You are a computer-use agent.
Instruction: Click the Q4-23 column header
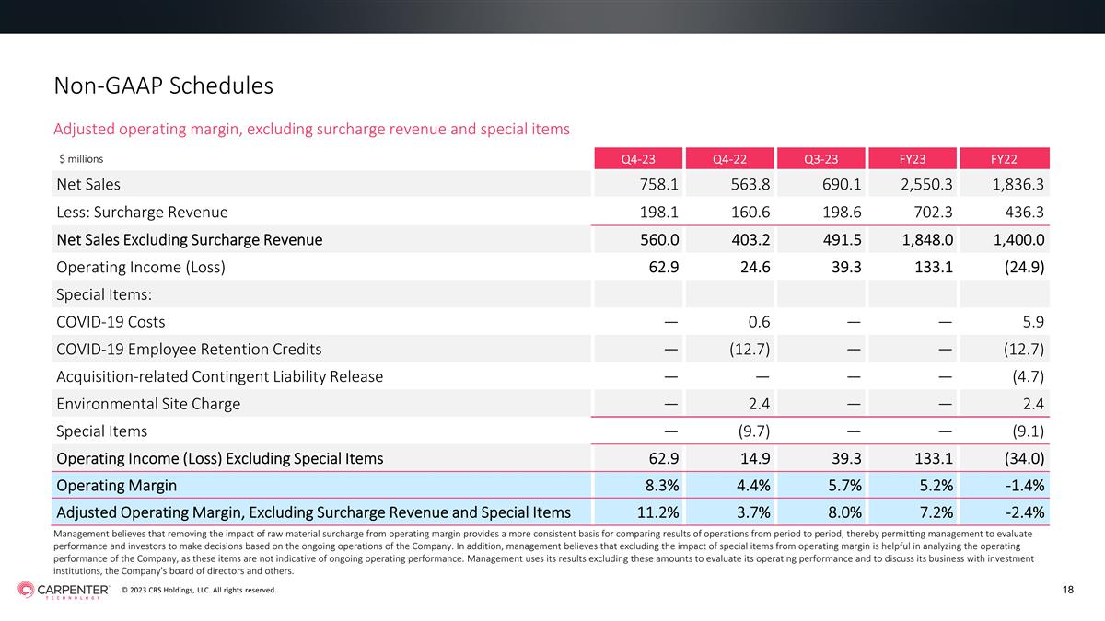point(638,158)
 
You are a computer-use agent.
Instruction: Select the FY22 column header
point(1004,158)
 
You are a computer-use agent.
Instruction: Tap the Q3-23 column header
point(820,158)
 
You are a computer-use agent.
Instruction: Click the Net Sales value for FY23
point(926,184)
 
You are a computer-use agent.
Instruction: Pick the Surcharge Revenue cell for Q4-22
point(750,212)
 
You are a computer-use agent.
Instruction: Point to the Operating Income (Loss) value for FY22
point(1024,267)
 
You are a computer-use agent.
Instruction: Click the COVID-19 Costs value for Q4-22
point(759,322)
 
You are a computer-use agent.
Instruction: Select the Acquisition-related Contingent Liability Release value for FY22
point(1028,376)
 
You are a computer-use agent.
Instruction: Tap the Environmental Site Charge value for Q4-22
point(759,404)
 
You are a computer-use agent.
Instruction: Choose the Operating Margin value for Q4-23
point(662,486)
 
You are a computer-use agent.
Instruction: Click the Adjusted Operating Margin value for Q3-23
point(844,512)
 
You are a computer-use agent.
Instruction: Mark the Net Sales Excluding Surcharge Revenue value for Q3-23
point(842,239)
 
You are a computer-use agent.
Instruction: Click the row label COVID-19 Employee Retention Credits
point(189,350)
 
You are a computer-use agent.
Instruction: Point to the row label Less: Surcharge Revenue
point(142,212)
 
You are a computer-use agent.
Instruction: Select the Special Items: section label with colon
point(104,294)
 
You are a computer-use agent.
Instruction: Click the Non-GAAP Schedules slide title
point(163,86)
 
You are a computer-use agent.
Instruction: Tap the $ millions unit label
point(81,158)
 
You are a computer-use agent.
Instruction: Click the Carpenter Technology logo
point(64,590)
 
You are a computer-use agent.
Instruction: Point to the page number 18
point(1068,590)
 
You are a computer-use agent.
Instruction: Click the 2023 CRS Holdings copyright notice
point(199,590)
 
